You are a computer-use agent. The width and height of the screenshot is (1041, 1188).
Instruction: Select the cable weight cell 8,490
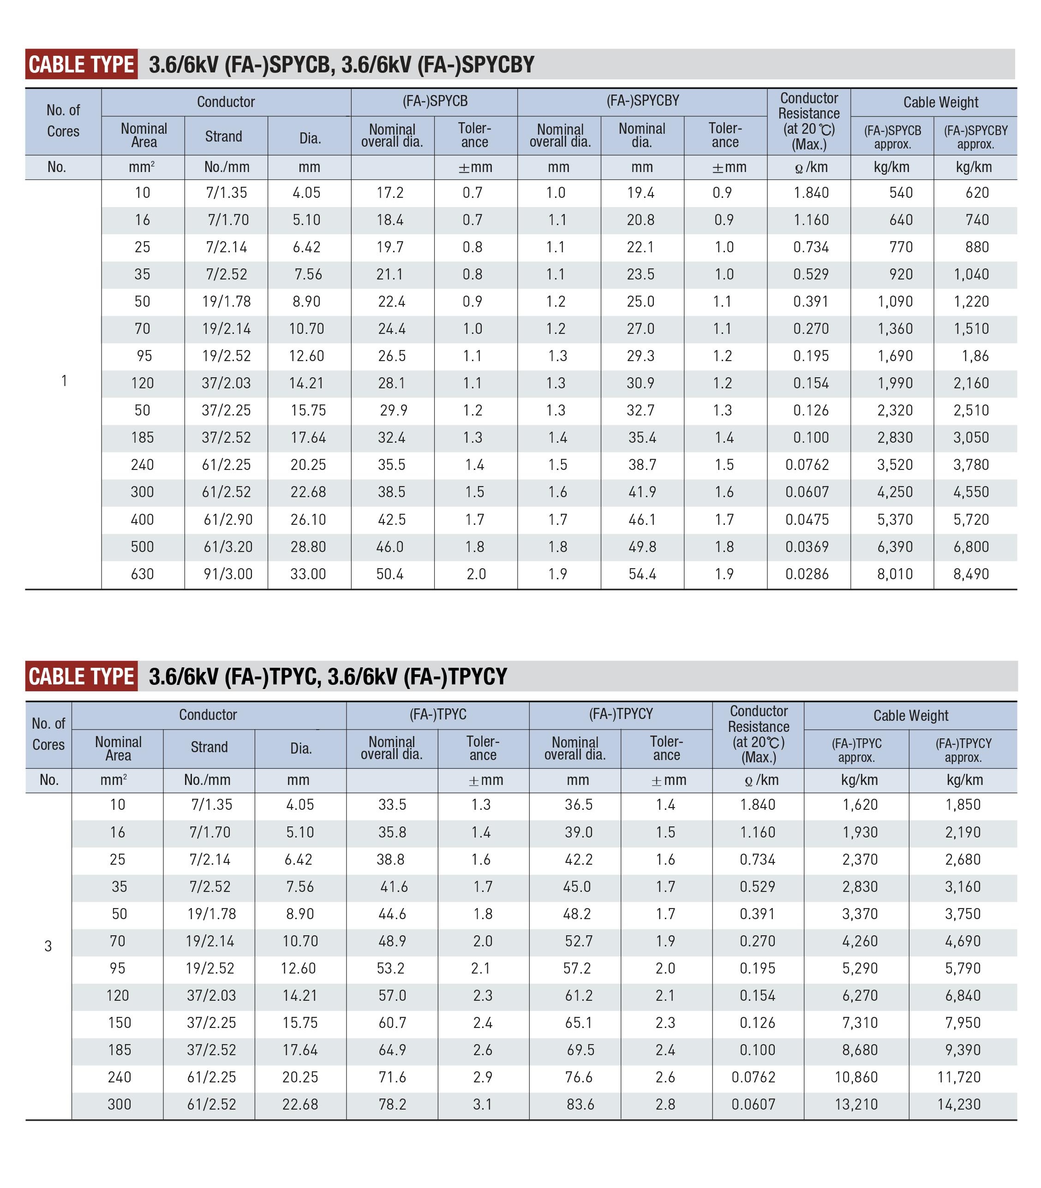(971, 574)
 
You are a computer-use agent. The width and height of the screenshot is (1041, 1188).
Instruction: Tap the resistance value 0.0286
(807, 574)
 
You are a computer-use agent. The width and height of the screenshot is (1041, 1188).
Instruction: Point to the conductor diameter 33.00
(308, 574)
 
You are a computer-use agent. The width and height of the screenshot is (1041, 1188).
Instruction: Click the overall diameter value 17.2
(390, 193)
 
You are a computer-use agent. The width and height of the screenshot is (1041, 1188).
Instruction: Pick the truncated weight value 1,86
(975, 356)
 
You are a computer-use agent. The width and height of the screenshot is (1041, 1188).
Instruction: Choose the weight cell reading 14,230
(958, 1105)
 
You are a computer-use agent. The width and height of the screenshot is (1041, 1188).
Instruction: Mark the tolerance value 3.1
(482, 1105)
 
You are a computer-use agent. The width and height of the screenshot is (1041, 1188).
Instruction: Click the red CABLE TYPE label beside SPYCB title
(81, 64)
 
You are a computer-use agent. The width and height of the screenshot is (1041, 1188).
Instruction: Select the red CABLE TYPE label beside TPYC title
(81, 677)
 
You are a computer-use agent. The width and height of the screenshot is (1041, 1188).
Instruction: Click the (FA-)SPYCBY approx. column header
(975, 137)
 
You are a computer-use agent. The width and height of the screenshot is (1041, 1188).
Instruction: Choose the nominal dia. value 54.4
(642, 574)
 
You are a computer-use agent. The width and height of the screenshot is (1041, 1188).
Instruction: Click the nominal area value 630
(142, 574)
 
